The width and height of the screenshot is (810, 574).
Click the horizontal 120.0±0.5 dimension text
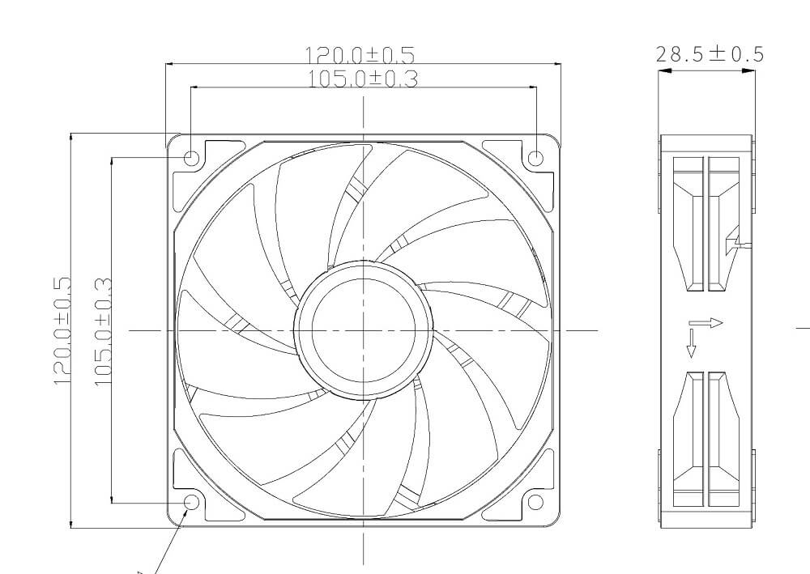coord(359,55)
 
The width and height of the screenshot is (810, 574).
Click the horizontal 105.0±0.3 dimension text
coord(363,79)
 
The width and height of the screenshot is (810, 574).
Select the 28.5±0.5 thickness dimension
coord(709,54)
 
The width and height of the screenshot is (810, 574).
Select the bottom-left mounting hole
coord(192,502)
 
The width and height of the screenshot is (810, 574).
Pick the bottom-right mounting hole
coord(535,502)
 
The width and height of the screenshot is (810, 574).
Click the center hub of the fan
coord(363,330)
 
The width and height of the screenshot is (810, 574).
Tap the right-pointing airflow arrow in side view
coord(710,323)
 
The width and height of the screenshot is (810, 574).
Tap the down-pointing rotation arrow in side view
coord(691,342)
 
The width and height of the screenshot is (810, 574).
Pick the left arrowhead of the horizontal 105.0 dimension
coord(195,87)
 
